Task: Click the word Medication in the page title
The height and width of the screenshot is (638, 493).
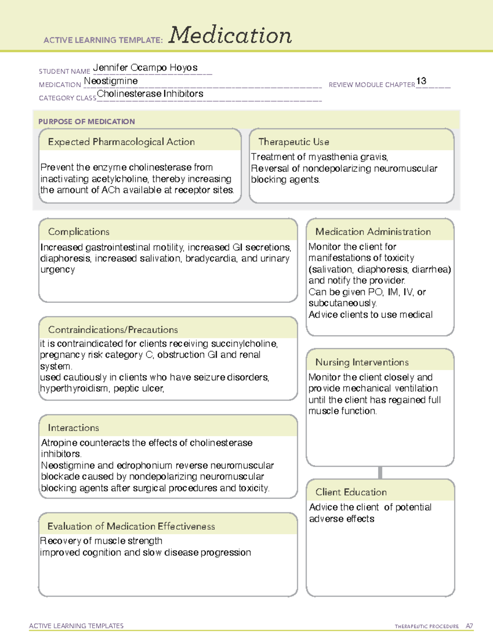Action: coord(230,35)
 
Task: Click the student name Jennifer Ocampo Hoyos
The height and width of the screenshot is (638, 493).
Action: coord(145,68)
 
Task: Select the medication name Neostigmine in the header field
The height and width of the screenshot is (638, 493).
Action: coord(111,81)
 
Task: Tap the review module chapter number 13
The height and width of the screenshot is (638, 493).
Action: coord(421,81)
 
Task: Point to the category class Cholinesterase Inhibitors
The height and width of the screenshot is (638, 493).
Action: coord(150,94)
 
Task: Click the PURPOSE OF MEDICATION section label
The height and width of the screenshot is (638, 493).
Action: coord(86,122)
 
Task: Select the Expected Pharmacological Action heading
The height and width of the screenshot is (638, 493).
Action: coord(121,142)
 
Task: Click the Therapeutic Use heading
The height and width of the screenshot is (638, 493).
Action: coord(293,142)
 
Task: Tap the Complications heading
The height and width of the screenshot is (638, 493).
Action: coord(78,232)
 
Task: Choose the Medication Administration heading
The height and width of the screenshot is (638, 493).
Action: coord(373,232)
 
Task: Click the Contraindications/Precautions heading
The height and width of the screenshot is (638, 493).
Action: coord(113,330)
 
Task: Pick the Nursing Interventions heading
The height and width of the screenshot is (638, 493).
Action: coord(362,362)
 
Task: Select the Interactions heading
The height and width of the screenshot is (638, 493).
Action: coord(73,428)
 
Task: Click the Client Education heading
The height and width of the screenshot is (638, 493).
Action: coord(351,492)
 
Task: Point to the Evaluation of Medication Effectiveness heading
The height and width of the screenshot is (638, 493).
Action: coord(131,527)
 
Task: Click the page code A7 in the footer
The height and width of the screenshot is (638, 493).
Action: coord(469,626)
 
